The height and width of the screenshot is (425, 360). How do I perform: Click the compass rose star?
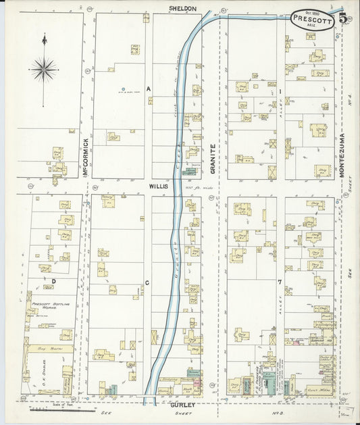(44, 68)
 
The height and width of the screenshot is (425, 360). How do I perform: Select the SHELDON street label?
(182, 9)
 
